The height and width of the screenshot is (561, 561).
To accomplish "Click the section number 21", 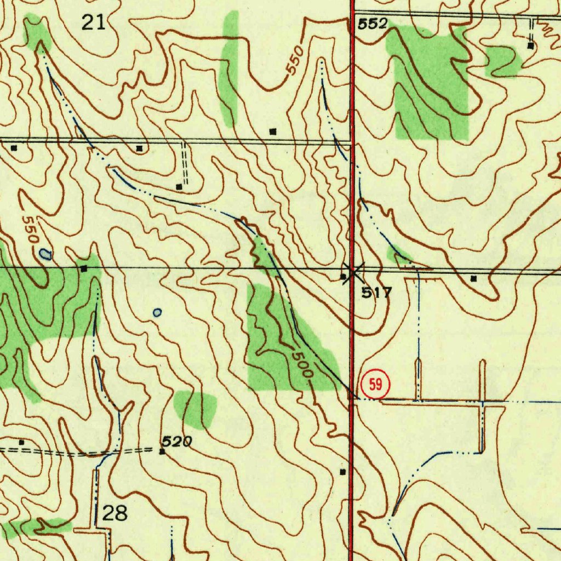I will pyautogui.click(x=93, y=22).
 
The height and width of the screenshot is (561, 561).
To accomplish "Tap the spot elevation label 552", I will pyautogui.click(x=373, y=24).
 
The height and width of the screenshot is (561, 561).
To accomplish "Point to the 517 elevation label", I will pyautogui.click(x=376, y=292).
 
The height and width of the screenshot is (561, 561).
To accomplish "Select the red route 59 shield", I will pyautogui.click(x=375, y=384).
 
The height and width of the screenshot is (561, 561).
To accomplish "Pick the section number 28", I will pyautogui.click(x=115, y=513).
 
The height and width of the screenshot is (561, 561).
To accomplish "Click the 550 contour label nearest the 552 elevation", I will pyautogui.click(x=295, y=61).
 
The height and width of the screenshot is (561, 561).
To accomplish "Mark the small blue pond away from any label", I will pyautogui.click(x=157, y=313).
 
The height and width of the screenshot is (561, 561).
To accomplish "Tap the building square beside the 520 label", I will pyautogui.click(x=162, y=452).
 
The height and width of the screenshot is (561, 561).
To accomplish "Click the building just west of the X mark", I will pyautogui.click(x=344, y=277).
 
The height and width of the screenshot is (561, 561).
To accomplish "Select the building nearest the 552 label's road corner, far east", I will pyautogui.click(x=530, y=46).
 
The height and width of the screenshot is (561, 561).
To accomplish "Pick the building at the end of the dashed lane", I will pyautogui.click(x=179, y=187).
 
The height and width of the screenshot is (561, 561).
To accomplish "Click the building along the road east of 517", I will pyautogui.click(x=474, y=278).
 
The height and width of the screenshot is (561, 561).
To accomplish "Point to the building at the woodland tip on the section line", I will pyautogui.click(x=84, y=268).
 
